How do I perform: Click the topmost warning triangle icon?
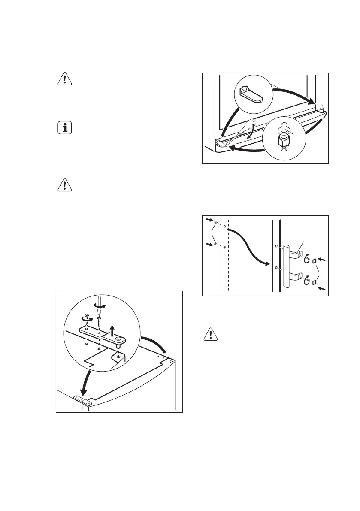(x=64, y=79)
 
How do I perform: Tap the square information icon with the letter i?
(x=64, y=128)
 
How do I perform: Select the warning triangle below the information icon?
(x=64, y=185)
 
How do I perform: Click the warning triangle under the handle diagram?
(x=209, y=335)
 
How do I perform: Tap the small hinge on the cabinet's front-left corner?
(x=82, y=400)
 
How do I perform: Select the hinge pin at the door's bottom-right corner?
(x=321, y=110)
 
